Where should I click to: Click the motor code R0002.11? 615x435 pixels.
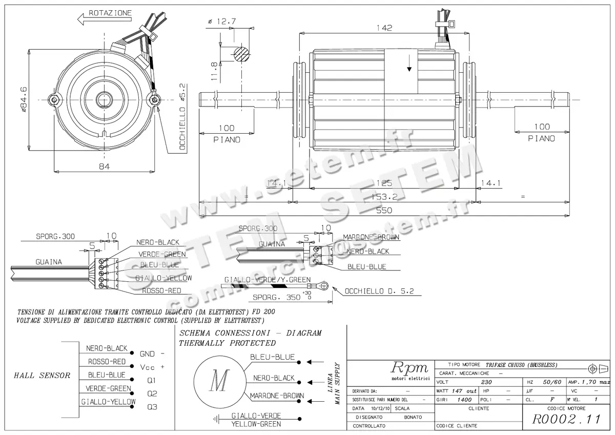pyautogui.click(x=566, y=419)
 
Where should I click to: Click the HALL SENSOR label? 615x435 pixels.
pyautogui.click(x=42, y=375)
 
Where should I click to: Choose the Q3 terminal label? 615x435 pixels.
pyautogui.click(x=152, y=407)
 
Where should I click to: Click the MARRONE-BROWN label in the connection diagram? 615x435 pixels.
pyautogui.click(x=277, y=396)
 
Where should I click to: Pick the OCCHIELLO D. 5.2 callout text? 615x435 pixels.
pyautogui.click(x=379, y=291)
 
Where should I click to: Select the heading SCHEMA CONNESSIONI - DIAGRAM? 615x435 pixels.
pyautogui.click(x=250, y=333)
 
